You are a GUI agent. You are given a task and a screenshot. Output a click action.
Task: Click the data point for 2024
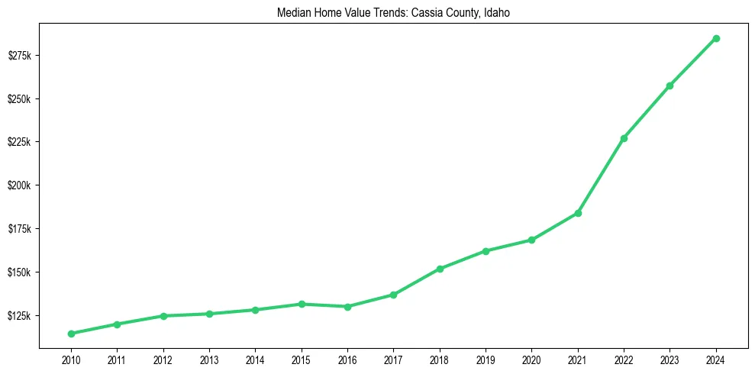point(716,38)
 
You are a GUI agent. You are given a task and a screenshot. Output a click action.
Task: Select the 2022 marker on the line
point(624,138)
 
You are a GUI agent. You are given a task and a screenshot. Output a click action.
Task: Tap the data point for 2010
point(71,334)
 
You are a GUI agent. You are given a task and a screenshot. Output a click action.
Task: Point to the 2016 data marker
point(347,307)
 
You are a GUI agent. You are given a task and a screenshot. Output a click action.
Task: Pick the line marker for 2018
point(440,269)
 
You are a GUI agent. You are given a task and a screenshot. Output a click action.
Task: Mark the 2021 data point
point(578,213)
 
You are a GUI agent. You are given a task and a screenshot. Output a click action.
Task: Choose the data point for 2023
point(669,85)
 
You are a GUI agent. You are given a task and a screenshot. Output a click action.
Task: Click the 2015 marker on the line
point(302,304)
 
